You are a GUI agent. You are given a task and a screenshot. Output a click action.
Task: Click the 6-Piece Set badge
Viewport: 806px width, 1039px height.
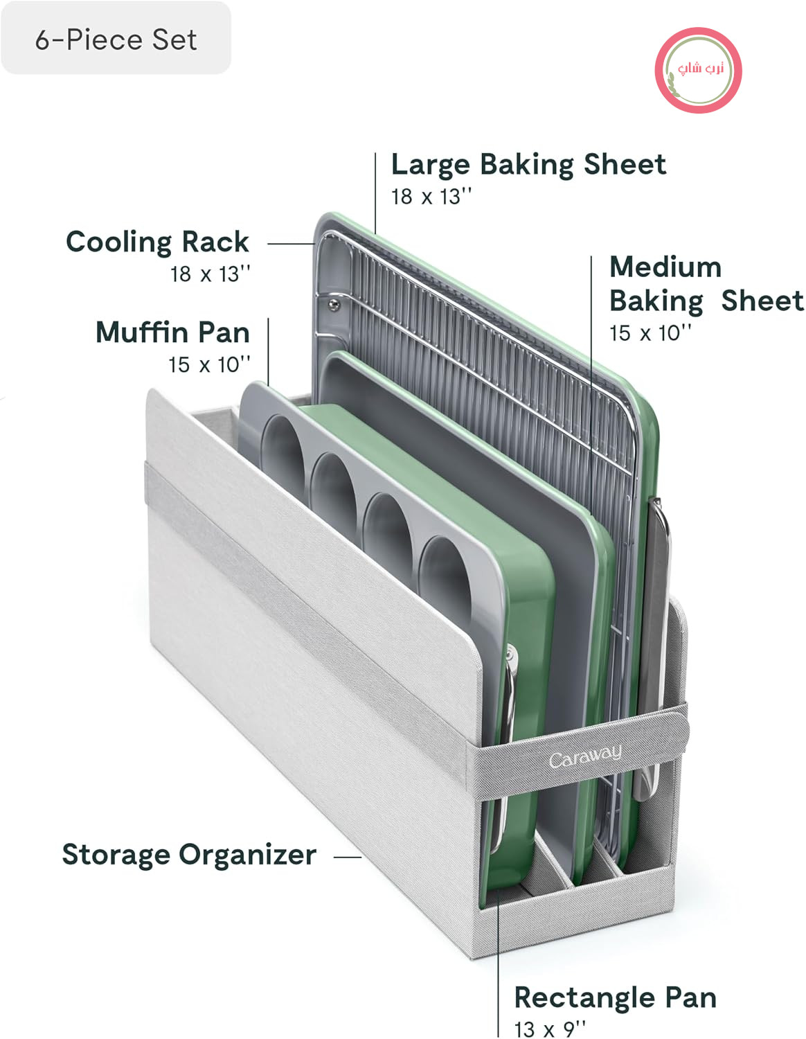tap(116, 38)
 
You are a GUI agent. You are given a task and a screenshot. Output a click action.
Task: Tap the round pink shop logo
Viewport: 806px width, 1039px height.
tap(697, 70)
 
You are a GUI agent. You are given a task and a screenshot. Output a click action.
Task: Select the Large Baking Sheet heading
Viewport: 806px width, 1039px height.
tap(528, 165)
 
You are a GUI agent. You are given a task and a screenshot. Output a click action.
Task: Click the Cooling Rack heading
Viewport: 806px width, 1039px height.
tap(157, 242)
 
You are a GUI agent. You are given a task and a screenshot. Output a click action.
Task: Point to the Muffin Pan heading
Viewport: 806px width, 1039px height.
tap(172, 332)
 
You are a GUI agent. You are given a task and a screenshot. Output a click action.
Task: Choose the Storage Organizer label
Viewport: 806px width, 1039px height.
tap(189, 855)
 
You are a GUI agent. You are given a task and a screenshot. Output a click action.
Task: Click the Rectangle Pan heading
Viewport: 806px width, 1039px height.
tap(616, 998)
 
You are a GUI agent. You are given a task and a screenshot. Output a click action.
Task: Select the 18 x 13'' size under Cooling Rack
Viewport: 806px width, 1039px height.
tap(211, 274)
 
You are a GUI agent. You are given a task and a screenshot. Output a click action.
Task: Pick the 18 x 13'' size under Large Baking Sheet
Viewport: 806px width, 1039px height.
tap(431, 197)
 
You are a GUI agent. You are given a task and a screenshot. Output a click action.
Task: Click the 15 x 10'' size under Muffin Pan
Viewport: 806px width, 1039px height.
tap(209, 365)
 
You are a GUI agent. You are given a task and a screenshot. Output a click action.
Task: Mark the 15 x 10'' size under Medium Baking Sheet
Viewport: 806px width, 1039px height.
tap(650, 333)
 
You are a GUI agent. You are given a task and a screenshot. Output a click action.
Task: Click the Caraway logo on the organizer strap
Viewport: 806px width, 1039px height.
tap(585, 756)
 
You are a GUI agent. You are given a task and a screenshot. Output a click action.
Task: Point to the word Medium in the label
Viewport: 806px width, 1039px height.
tap(665, 267)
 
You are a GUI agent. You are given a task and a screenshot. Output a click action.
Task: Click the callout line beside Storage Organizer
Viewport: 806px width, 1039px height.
tap(348, 858)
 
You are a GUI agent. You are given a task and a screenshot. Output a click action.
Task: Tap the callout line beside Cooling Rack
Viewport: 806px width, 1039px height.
tap(291, 243)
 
